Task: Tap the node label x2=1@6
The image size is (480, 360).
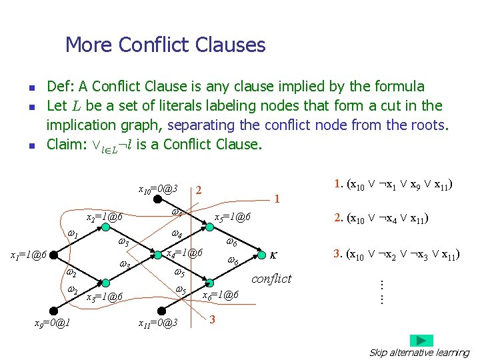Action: (x=104, y=218)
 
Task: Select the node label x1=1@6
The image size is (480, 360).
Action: (x=27, y=255)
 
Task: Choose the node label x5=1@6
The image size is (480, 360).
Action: (x=232, y=217)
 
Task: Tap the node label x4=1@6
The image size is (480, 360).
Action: (x=184, y=253)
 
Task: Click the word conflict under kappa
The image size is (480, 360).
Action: (x=271, y=279)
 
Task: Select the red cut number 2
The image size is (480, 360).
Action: (x=199, y=190)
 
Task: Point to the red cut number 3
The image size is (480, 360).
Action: (x=212, y=320)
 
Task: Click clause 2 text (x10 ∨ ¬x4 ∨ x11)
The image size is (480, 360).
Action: (x=381, y=217)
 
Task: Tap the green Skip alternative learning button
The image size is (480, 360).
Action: (x=421, y=340)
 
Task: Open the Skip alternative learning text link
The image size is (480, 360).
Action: (x=419, y=353)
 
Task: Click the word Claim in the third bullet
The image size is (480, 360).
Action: (x=64, y=144)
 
